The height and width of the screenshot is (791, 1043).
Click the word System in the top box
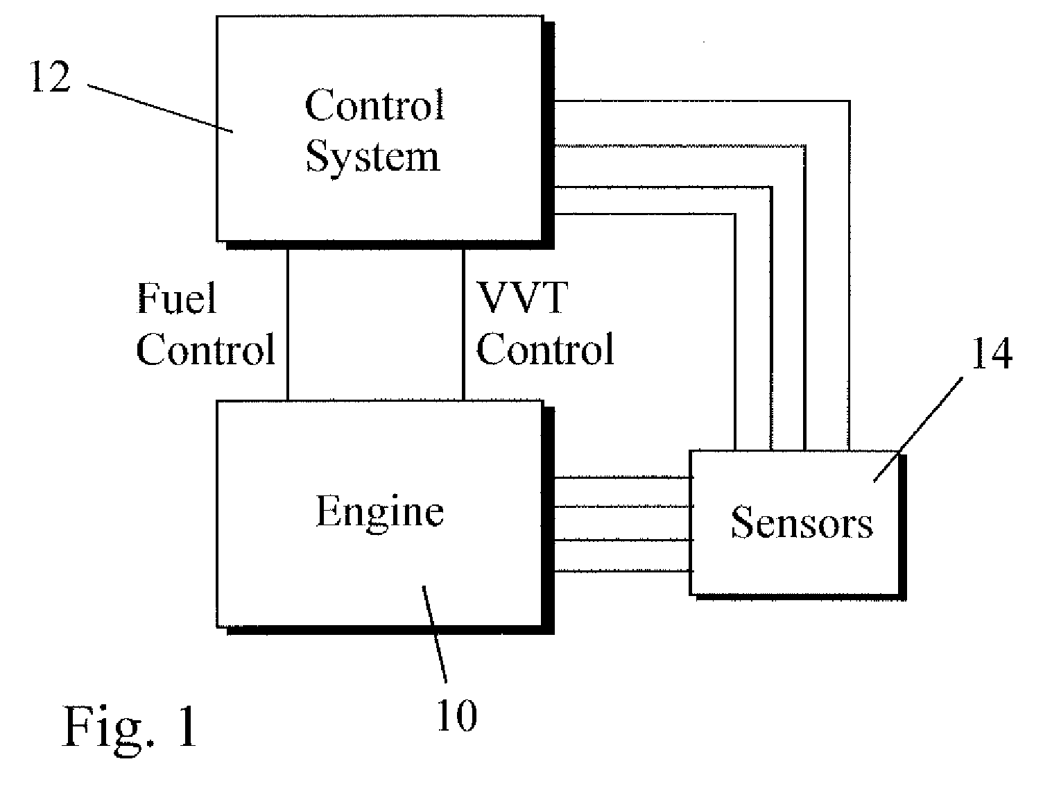[x=373, y=158]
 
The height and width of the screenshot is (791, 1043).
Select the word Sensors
[x=802, y=522]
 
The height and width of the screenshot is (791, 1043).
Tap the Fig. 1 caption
[x=129, y=727]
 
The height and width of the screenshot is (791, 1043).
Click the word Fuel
[x=176, y=298]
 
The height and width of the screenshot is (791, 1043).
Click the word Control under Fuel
[x=205, y=350]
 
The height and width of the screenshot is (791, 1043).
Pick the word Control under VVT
[x=545, y=350]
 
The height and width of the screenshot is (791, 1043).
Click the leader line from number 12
[x=160, y=108]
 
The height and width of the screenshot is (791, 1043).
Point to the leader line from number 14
[x=918, y=429]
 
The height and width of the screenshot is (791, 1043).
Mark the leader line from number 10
[x=435, y=634]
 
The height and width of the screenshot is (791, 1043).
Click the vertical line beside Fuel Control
[x=288, y=325]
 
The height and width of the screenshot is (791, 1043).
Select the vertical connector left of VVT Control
[x=463, y=325]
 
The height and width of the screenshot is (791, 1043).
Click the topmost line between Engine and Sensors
[x=622, y=477]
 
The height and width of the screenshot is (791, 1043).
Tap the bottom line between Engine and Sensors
[x=622, y=570]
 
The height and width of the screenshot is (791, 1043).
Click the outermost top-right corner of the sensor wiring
[x=849, y=101]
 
